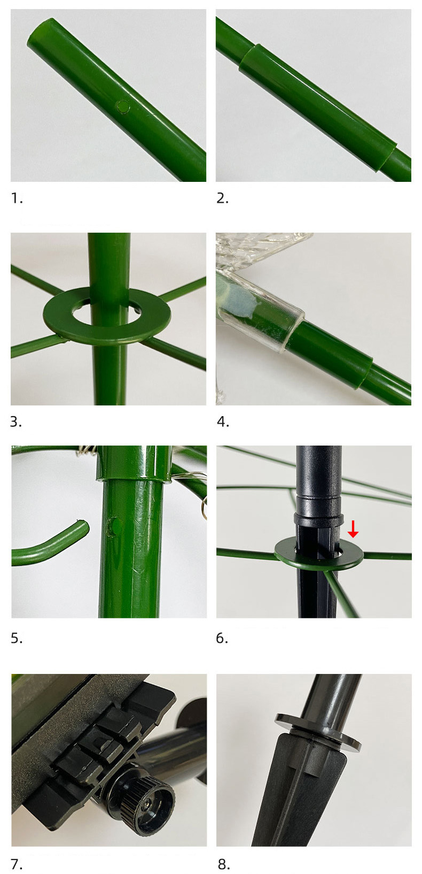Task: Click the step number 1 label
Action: point(17,198)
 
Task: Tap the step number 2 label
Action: point(222,198)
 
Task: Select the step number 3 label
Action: point(16,422)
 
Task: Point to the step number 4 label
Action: point(223,422)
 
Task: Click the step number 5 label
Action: point(17,638)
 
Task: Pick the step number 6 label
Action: point(222,638)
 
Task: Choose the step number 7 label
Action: point(17,864)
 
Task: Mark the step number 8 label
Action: point(223,864)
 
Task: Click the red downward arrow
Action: point(353,528)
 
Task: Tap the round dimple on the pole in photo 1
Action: point(123,106)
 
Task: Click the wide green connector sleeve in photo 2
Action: point(318,108)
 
